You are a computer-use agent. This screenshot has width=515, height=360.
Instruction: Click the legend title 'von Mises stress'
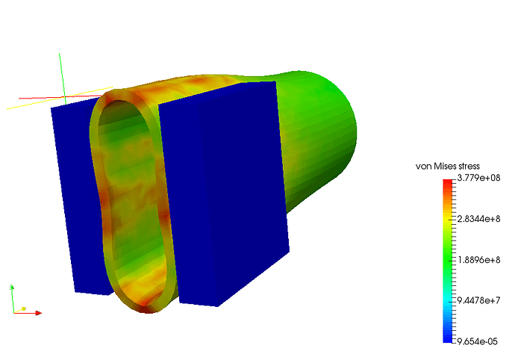point(448,167)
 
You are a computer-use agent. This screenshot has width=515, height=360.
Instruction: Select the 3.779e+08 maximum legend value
point(478,178)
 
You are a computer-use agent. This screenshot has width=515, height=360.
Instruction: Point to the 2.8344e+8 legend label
point(478,219)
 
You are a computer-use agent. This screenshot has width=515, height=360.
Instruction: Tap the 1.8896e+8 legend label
point(478,260)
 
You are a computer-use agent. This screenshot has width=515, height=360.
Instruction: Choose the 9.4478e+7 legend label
point(478,300)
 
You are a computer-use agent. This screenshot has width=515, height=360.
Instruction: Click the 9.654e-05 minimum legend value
point(477,341)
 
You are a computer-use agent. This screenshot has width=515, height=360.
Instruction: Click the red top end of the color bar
point(447,181)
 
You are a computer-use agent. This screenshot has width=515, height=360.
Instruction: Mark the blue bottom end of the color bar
point(447,341)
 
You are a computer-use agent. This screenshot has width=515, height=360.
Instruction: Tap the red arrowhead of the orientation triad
point(39,313)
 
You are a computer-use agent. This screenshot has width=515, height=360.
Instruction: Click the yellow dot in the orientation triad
point(24,308)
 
